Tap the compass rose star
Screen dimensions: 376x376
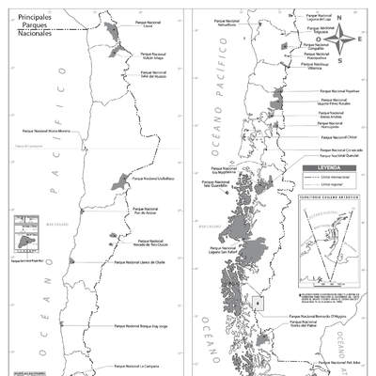tap(346, 39)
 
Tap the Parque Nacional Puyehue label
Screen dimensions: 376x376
tap(335, 91)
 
